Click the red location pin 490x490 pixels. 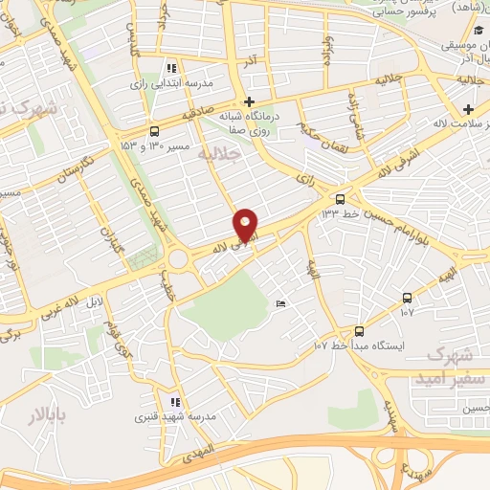point(246,225)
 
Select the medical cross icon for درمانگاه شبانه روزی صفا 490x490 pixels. point(249,101)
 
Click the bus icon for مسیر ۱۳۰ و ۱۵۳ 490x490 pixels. point(154,131)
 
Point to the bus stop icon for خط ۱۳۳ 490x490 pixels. point(339,199)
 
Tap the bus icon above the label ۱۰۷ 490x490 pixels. point(408,298)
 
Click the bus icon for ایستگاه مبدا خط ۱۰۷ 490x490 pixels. point(359,330)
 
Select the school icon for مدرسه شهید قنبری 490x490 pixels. point(173,402)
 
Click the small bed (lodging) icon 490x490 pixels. point(280,304)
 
